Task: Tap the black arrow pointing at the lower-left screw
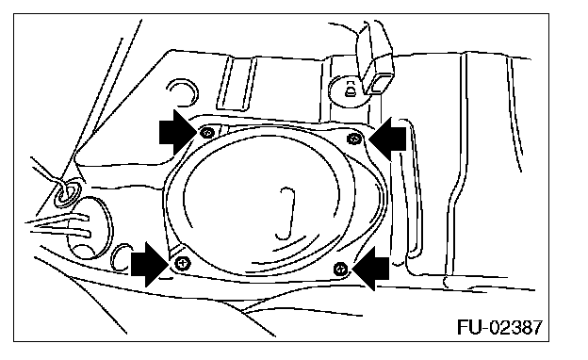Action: click(148, 264)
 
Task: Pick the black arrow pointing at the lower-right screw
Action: click(371, 269)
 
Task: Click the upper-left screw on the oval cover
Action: click(207, 132)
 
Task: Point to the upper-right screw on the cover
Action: click(354, 139)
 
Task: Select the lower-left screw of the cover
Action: click(183, 263)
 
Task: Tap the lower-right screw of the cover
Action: click(340, 269)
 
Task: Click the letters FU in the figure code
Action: click(468, 327)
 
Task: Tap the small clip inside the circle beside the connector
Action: click(350, 90)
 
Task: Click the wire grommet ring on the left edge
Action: click(67, 192)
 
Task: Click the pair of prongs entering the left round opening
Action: click(60, 226)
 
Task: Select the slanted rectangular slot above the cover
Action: click(237, 83)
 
